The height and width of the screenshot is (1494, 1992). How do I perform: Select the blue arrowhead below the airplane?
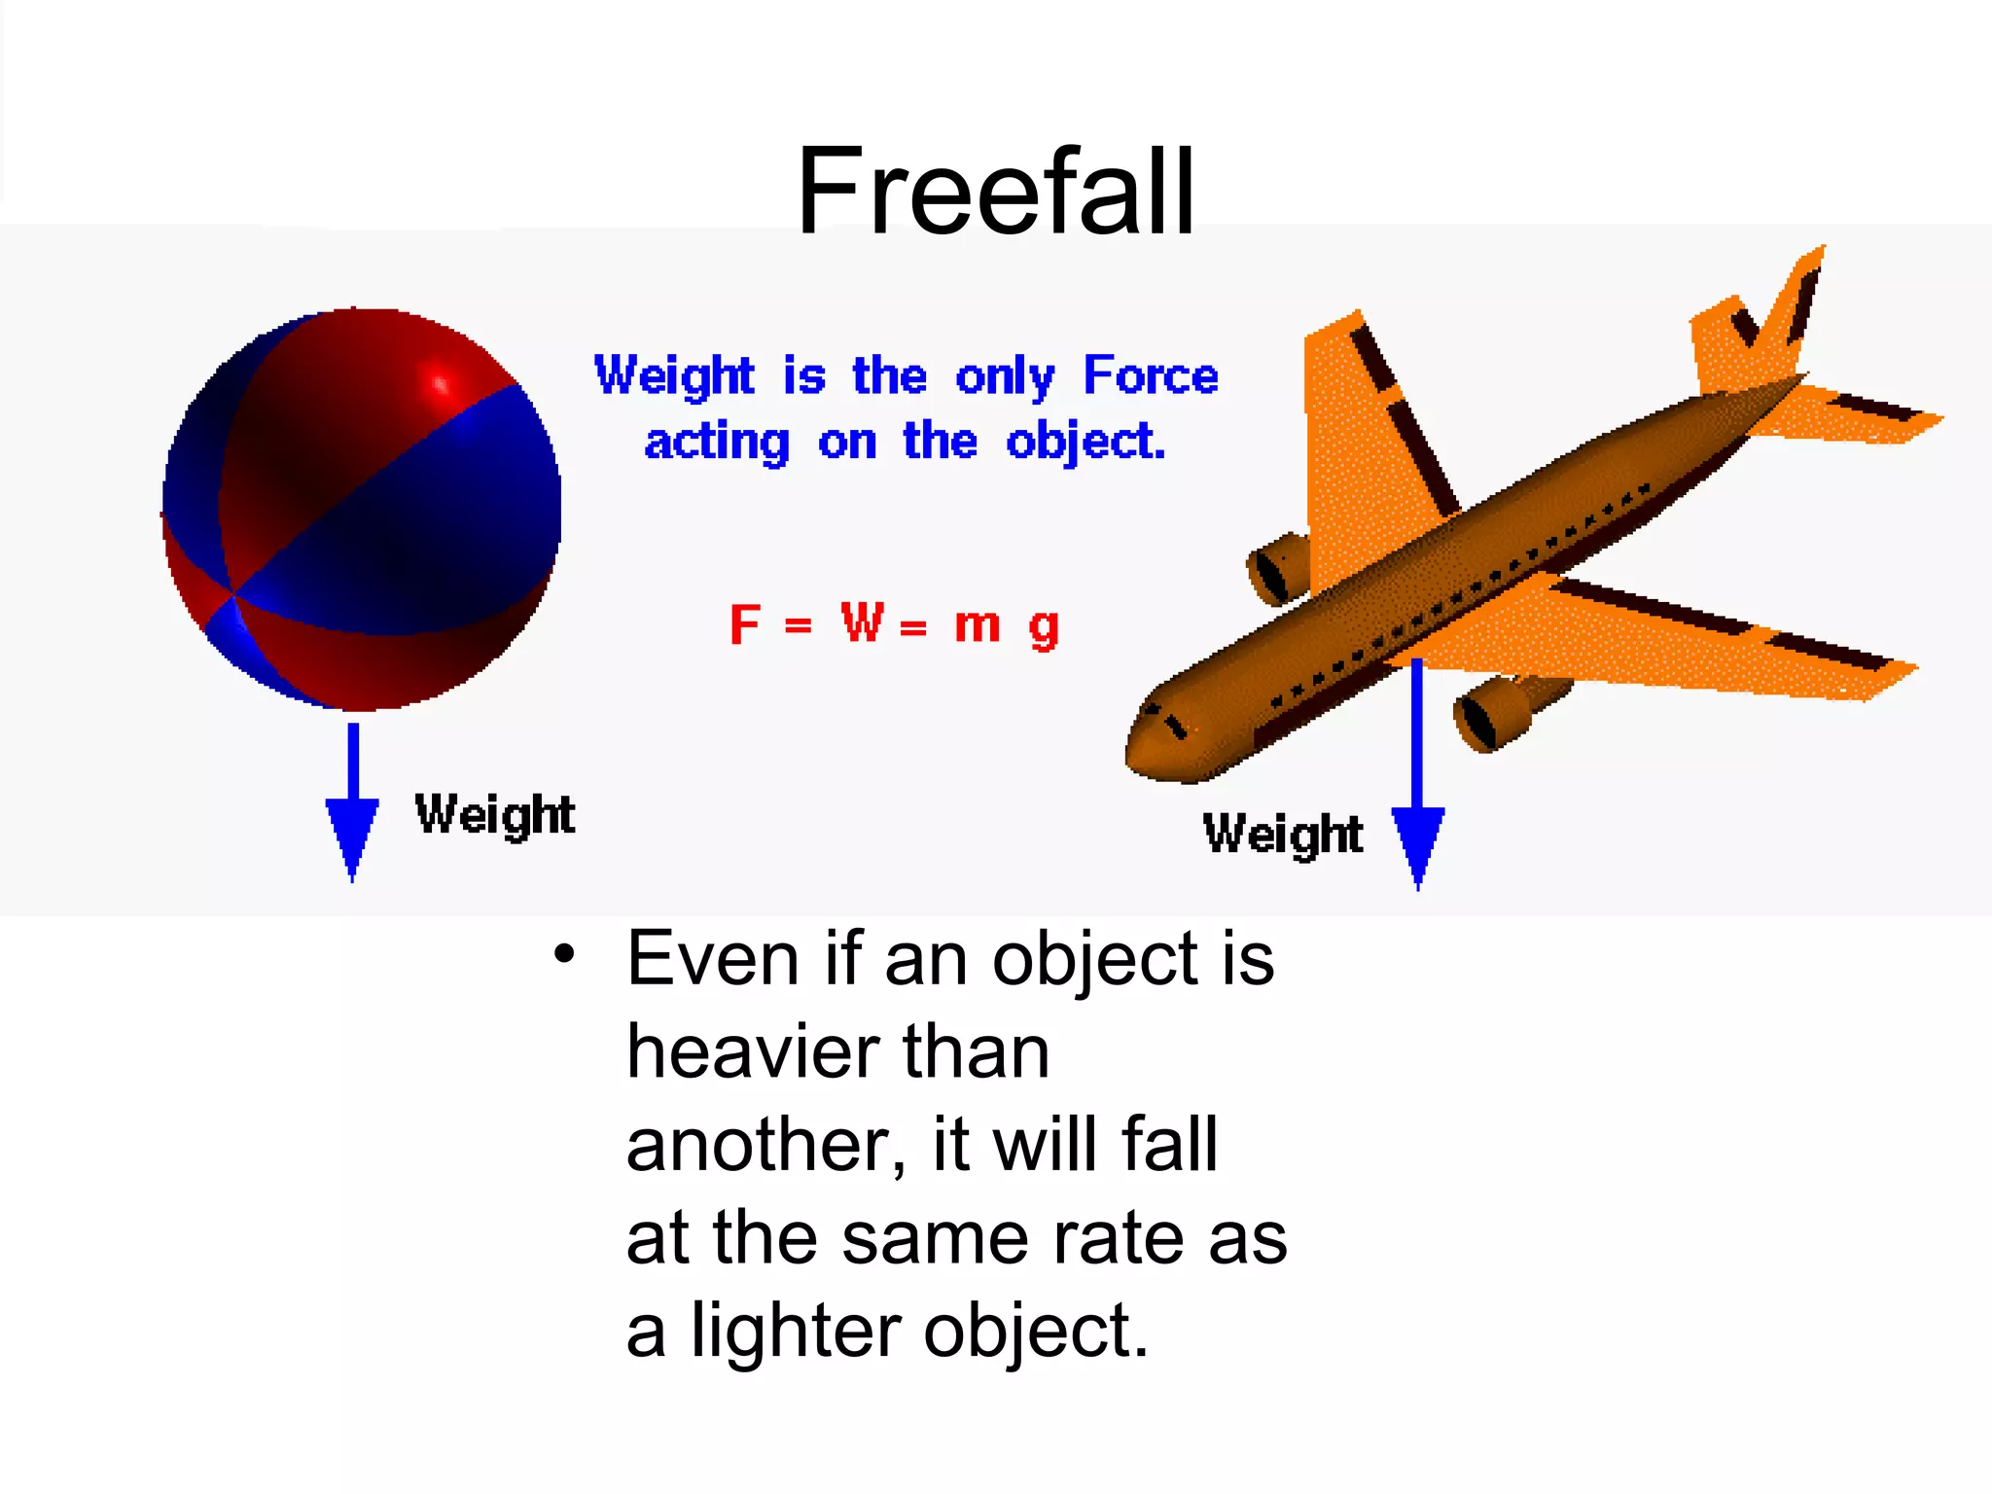point(1418,842)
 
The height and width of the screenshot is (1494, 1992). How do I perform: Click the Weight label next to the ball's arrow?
point(494,815)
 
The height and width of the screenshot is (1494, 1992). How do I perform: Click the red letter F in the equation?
point(744,624)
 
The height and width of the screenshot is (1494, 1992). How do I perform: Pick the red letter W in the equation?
point(863,622)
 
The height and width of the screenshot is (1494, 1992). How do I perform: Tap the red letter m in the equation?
point(977,625)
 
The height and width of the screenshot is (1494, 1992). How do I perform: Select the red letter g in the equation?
point(1044,629)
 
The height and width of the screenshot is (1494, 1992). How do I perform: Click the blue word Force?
point(1151,375)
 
